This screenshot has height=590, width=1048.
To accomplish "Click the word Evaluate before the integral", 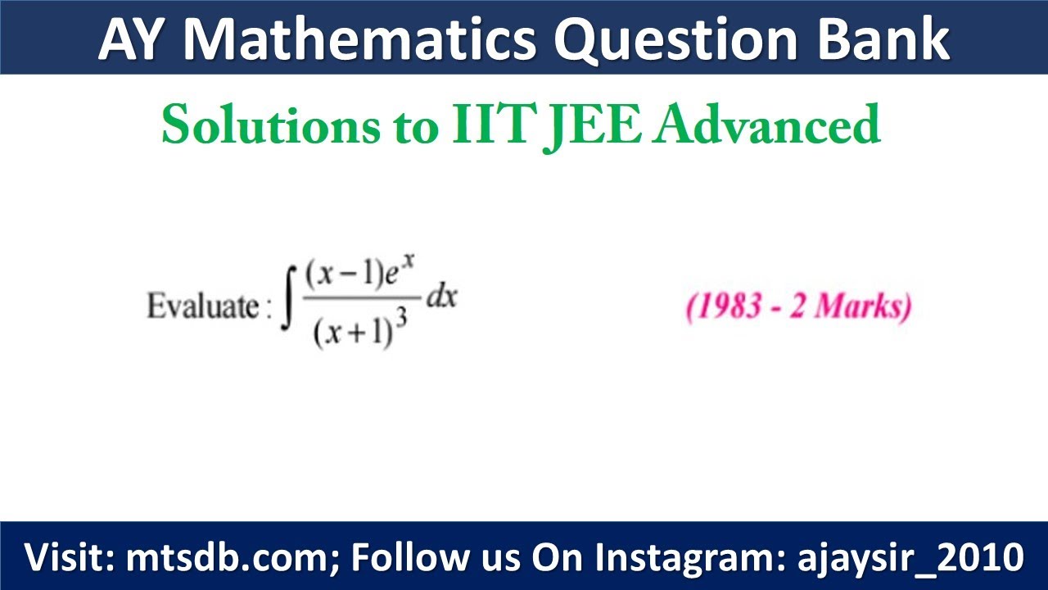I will [202, 306].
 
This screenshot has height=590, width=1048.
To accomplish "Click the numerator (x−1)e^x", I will [359, 275].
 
